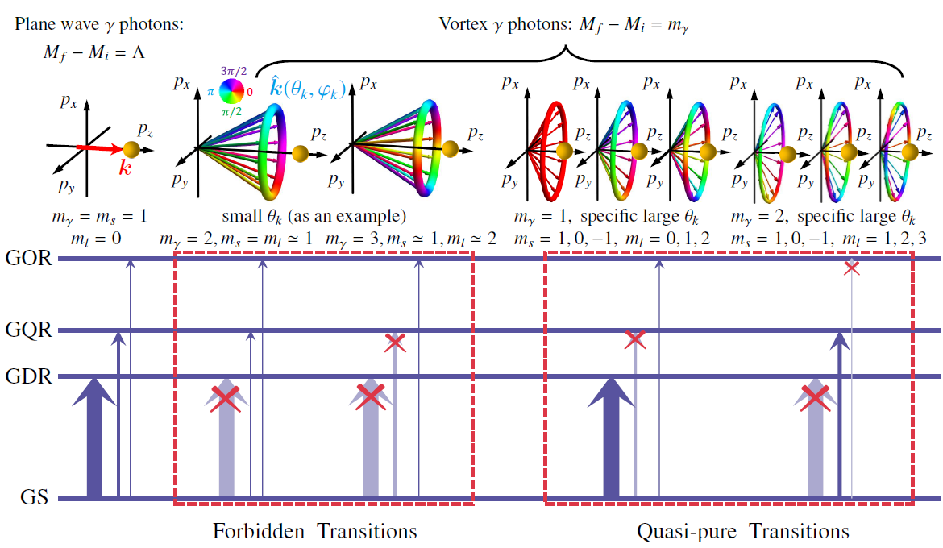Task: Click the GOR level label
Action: click(28, 259)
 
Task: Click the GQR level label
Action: click(28, 330)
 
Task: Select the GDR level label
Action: click(28, 376)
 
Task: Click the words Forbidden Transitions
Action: click(314, 532)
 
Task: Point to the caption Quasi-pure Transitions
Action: click(742, 532)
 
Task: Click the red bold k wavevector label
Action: click(125, 168)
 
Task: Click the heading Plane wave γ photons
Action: click(100, 25)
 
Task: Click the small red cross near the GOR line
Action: click(851, 268)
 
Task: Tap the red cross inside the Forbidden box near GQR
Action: click(394, 342)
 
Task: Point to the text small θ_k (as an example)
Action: click(314, 217)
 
